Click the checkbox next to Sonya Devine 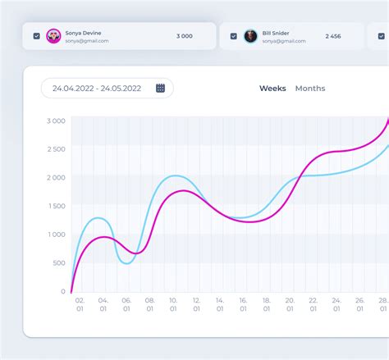tap(37, 36)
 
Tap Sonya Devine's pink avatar tap(53, 36)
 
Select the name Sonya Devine tap(83, 33)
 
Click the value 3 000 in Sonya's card tap(185, 36)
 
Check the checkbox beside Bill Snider tap(234, 36)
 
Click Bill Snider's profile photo tap(250, 36)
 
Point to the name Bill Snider tap(276, 33)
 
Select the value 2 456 tap(333, 36)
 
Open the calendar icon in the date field tap(160, 88)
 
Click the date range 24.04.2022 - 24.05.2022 tap(97, 89)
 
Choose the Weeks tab tap(272, 89)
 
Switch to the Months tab tap(310, 89)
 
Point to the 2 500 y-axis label tap(57, 149)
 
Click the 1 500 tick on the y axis tap(57, 206)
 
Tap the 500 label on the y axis tap(59, 263)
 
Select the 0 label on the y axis tap(63, 291)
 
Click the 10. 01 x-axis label tap(173, 304)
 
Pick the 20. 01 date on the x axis tap(290, 304)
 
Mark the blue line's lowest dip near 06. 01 tap(127, 263)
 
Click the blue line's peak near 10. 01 tap(176, 175)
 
